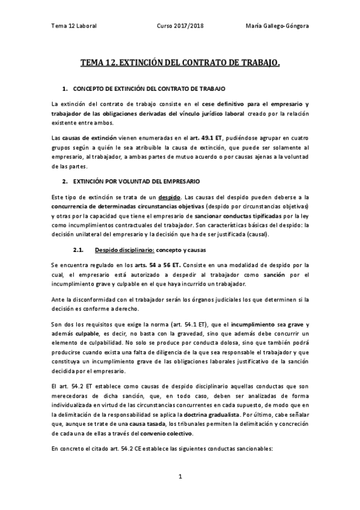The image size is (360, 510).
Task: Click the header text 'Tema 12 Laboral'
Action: (x=74, y=26)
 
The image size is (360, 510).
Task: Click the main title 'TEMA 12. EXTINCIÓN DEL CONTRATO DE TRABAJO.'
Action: (x=180, y=62)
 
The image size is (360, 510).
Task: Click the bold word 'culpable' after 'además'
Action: (x=85, y=334)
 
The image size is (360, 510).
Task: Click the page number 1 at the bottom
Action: (x=180, y=476)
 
